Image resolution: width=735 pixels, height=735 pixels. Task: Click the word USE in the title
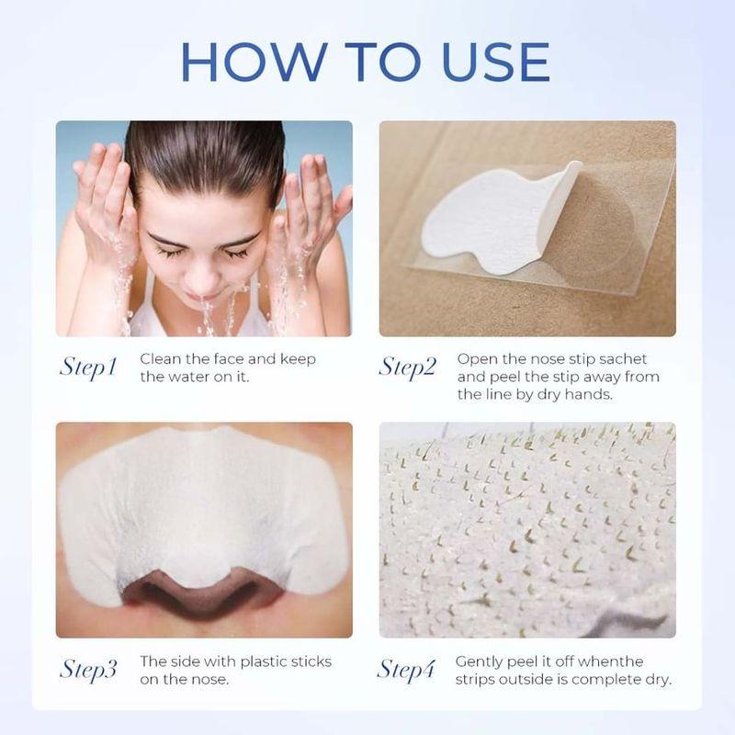click(486, 60)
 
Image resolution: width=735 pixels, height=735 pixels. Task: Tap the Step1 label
click(88, 367)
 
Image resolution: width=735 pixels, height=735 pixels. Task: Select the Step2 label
click(407, 367)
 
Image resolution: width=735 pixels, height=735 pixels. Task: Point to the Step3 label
click(88, 669)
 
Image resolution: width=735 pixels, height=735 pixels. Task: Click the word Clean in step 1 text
click(160, 359)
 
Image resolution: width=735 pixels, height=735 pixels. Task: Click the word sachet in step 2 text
click(624, 359)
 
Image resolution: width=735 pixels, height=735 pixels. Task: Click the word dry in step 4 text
click(654, 679)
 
